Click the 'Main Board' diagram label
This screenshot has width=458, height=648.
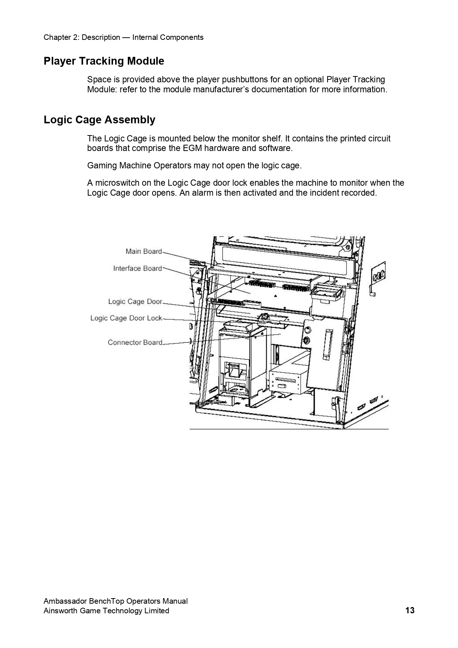[x=144, y=251]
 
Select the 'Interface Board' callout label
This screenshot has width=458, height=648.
[x=137, y=268]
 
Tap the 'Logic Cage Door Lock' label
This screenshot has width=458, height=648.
[x=126, y=318]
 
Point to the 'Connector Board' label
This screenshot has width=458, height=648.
[x=135, y=343]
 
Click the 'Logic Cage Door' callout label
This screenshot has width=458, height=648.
[x=135, y=302]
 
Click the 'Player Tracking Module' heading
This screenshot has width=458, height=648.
[x=104, y=61]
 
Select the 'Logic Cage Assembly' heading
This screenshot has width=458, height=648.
[x=99, y=120]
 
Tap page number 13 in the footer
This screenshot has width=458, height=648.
[x=410, y=610]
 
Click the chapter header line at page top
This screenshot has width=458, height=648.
[x=123, y=37]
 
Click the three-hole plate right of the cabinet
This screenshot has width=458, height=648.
[x=378, y=274]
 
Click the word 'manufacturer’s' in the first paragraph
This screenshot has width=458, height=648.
[x=221, y=89]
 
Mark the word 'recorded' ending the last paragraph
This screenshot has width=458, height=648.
[x=360, y=193]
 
